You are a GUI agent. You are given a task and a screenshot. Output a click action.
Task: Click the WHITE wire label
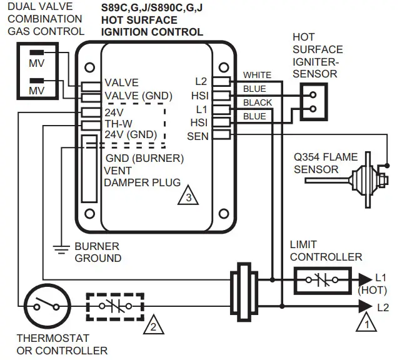click(x=257, y=76)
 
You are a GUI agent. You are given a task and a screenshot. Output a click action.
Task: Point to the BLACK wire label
click(x=257, y=102)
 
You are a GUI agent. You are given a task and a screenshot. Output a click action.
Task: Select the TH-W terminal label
click(x=118, y=124)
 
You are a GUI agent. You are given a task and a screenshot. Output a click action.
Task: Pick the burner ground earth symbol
click(x=60, y=249)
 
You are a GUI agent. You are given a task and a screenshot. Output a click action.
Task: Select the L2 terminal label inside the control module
click(x=201, y=82)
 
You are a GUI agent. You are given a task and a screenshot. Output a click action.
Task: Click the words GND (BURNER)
click(x=144, y=158)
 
